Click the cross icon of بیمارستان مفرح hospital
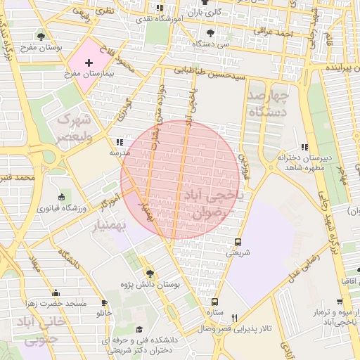88,63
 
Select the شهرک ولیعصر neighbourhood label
74,126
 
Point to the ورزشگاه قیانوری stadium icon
62,197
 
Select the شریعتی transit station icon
238,240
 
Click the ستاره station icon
215,301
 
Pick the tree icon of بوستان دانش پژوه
149,273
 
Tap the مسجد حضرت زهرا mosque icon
56,292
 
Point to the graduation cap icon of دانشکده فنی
139,330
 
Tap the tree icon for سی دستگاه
210,32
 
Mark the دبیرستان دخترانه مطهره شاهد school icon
304,146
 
